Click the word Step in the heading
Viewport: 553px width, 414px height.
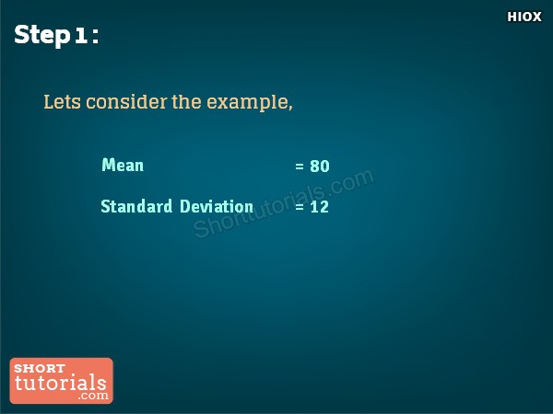[x=42, y=35]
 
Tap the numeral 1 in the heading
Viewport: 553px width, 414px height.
[x=81, y=36]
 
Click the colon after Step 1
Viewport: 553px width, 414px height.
[x=95, y=37]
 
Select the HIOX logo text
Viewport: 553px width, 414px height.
[x=524, y=17]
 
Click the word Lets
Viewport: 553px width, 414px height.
[x=62, y=102]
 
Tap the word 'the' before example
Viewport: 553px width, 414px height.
[x=186, y=102]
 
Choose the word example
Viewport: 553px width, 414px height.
[x=248, y=103]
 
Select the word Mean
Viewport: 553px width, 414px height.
[x=123, y=165]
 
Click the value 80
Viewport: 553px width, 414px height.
[x=320, y=167]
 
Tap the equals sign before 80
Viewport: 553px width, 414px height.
[x=300, y=167]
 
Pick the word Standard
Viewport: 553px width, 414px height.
[x=136, y=206]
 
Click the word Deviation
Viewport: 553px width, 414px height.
[x=217, y=206]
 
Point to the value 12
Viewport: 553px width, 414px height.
[x=320, y=207]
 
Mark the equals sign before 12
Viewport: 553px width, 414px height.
[x=300, y=207]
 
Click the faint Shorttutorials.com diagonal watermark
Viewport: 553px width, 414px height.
[x=284, y=203]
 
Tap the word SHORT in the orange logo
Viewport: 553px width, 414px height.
[x=40, y=368]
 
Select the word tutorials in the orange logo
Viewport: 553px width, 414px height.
[x=61, y=383]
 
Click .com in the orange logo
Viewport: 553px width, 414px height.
[x=93, y=396]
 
